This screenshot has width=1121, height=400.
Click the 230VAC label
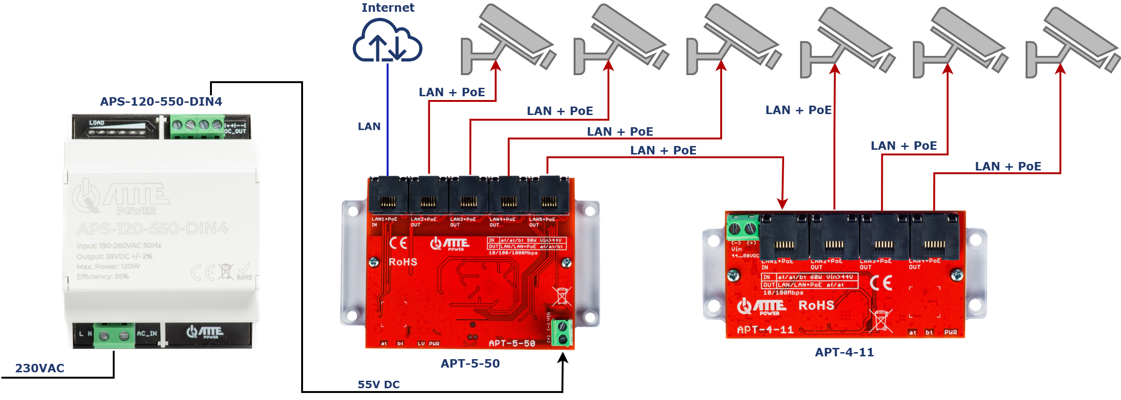tap(39, 368)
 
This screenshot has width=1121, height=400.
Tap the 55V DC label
tap(378, 385)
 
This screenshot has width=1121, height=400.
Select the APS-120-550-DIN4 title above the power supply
tap(161, 101)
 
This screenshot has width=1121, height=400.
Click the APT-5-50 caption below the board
tap(470, 363)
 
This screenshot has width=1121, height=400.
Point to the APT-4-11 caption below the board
tap(844, 352)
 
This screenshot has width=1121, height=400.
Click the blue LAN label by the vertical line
tap(369, 126)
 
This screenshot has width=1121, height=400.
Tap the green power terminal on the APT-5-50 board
tap(561, 332)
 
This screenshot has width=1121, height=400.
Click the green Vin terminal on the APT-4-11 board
tap(743, 229)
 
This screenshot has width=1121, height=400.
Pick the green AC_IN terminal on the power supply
tap(114, 335)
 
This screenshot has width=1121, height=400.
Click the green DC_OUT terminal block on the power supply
tap(197, 126)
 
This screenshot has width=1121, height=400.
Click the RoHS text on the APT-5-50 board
tap(403, 262)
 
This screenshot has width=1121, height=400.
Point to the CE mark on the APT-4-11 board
tap(880, 283)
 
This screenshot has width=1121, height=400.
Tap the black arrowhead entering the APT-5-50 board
tap(563, 358)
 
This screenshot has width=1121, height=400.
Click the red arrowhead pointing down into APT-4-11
tap(782, 203)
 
